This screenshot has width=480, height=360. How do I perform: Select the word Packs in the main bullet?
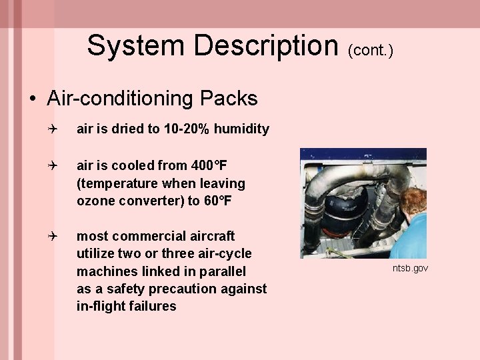pyautogui.click(x=228, y=99)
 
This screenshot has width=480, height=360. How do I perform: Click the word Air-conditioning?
pyautogui.click(x=121, y=99)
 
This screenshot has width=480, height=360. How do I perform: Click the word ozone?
pyautogui.click(x=94, y=200)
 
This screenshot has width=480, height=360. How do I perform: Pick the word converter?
pyautogui.click(x=147, y=200)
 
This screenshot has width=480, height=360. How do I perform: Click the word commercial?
pyautogui.click(x=141, y=236)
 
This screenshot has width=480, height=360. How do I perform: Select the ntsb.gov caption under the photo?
pyautogui.click(x=410, y=268)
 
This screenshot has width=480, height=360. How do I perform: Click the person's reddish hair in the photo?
pyautogui.click(x=413, y=199)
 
